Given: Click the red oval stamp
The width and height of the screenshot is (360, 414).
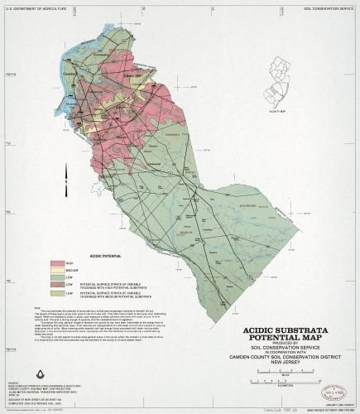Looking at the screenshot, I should point(335,392).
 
